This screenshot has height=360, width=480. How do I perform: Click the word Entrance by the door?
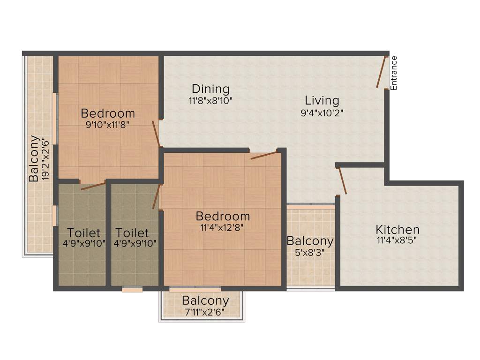(x=394, y=73)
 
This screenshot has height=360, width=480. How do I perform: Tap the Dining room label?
(x=210, y=89)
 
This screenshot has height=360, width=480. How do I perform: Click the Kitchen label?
(x=397, y=230)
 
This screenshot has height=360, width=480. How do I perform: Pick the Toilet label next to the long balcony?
(x=83, y=232)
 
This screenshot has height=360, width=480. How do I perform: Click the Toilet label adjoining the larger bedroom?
(x=132, y=232)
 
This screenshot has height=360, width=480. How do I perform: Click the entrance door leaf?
(x=382, y=72)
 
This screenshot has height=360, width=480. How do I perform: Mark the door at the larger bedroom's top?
(x=264, y=155)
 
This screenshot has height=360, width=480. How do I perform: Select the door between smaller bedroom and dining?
(x=156, y=134)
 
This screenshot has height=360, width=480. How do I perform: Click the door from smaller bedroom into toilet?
(x=93, y=186)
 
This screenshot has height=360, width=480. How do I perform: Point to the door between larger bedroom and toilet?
(x=156, y=196)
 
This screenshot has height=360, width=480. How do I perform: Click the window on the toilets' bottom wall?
(x=132, y=290)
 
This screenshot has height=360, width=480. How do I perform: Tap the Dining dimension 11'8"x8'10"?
(x=210, y=100)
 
